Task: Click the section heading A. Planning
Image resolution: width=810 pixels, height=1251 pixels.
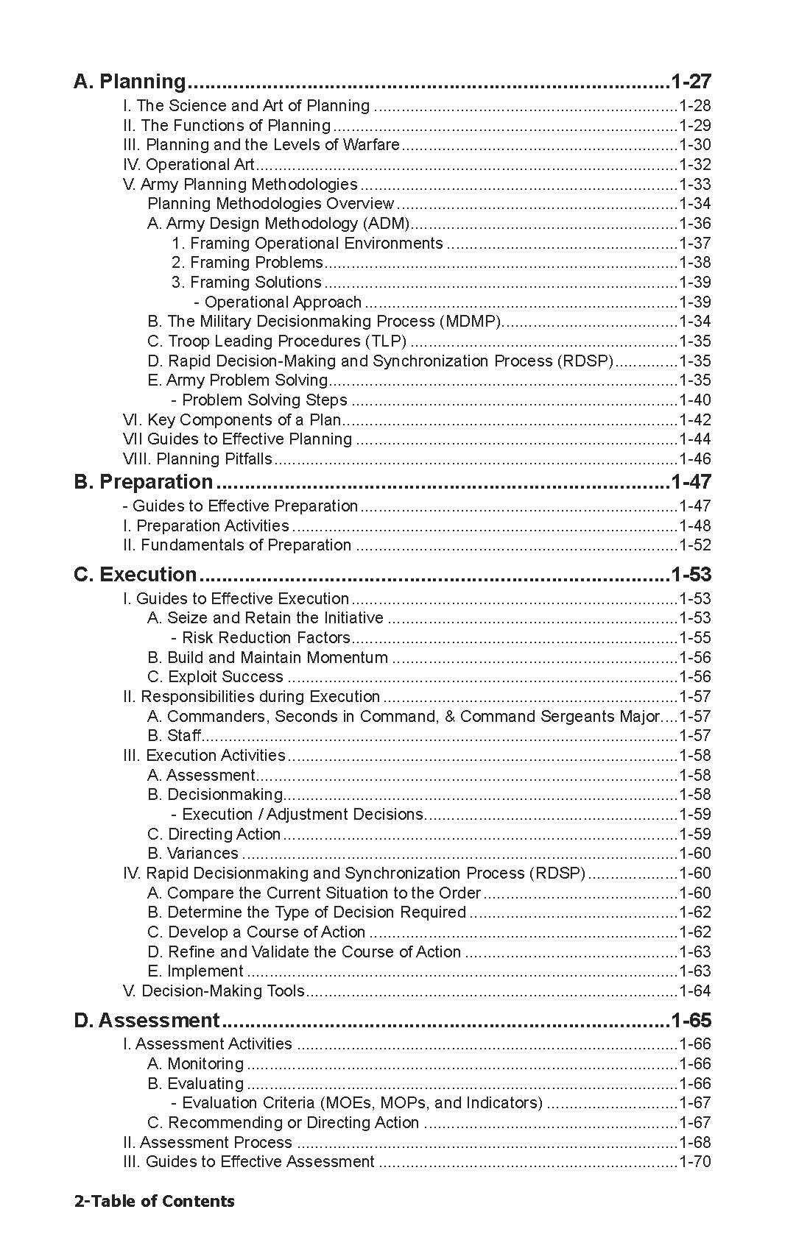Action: pyautogui.click(x=130, y=81)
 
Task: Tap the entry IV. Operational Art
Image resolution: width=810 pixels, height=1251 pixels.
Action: pyautogui.click(x=189, y=165)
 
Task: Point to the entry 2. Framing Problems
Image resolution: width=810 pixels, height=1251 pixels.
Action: pyautogui.click(x=247, y=263)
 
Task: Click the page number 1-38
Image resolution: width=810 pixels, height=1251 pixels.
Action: pyautogui.click(x=694, y=263)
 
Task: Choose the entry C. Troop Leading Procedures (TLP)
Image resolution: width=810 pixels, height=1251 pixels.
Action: pyautogui.click(x=277, y=341)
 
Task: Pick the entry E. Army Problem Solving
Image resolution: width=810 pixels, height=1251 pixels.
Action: pyautogui.click(x=237, y=380)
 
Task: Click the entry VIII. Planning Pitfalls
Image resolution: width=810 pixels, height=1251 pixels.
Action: pyautogui.click(x=197, y=459)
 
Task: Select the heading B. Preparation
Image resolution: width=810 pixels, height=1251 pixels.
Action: pyautogui.click(x=144, y=482)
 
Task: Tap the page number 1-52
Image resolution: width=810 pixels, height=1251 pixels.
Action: pyautogui.click(x=694, y=545)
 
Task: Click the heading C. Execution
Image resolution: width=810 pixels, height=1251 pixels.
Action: pyautogui.click(x=135, y=575)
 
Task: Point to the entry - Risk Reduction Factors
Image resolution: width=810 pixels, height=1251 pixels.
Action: pyautogui.click(x=261, y=638)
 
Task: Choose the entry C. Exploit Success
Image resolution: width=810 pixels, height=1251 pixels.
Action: pyautogui.click(x=215, y=677)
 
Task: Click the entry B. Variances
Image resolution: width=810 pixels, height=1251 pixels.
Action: pyautogui.click(x=193, y=854)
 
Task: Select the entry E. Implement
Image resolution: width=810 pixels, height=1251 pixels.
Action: pyautogui.click(x=195, y=971)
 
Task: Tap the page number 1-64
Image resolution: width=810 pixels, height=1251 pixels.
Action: pyautogui.click(x=694, y=991)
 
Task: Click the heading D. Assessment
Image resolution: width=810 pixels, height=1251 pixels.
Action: pyautogui.click(x=147, y=1021)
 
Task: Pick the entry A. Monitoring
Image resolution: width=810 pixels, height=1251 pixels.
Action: pyautogui.click(x=195, y=1064)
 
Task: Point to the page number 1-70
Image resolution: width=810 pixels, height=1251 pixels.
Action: pyautogui.click(x=694, y=1162)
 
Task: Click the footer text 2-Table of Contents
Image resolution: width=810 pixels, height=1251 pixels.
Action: pyautogui.click(x=154, y=1202)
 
